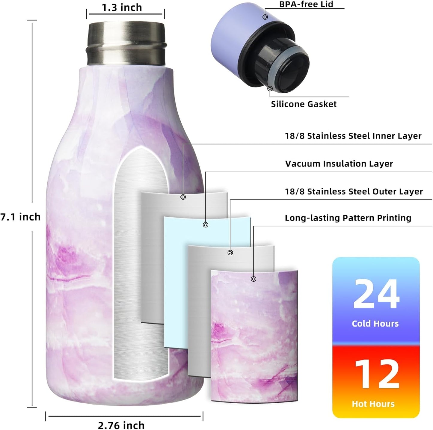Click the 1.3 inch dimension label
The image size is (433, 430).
click(122, 7)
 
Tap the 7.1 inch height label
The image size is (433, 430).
click(20, 217)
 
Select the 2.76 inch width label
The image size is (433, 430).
click(121, 425)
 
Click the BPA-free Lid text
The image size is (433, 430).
click(306, 4)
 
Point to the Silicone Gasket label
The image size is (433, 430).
click(304, 104)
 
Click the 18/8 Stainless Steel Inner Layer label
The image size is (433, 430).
click(353, 136)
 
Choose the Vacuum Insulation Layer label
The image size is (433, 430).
click(339, 164)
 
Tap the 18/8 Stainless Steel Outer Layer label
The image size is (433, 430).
click(354, 191)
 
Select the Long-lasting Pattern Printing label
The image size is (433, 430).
click(348, 218)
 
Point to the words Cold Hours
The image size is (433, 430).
click(375, 324)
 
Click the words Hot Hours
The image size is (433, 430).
click(373, 404)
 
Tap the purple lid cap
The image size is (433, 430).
click(231, 39)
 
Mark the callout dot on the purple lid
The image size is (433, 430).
click(265, 17)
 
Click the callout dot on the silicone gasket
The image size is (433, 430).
click(270, 88)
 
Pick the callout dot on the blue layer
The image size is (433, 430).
click(206, 225)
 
